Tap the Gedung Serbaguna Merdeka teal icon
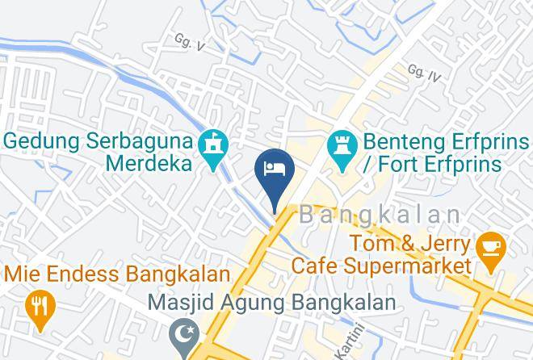click(x=214, y=146)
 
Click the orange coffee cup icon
click(x=490, y=246)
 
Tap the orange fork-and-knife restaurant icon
click(x=38, y=305)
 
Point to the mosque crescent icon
click(x=183, y=332)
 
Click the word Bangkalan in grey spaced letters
click(x=380, y=215)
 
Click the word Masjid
click(x=177, y=303)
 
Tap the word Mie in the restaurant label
click(x=23, y=274)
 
